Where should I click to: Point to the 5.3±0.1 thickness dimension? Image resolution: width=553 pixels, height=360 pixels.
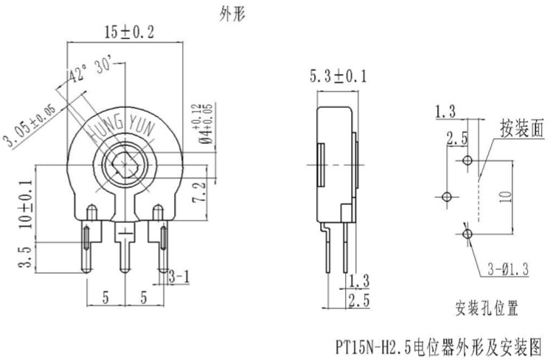(338, 76)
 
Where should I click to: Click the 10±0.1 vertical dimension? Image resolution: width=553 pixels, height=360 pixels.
(27, 203)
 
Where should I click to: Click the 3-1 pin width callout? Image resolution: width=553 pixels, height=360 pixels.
(180, 277)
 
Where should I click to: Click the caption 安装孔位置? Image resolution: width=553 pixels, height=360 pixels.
(487, 305)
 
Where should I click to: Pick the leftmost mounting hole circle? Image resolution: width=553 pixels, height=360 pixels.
(445, 196)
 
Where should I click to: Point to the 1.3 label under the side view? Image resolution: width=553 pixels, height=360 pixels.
(359, 281)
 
